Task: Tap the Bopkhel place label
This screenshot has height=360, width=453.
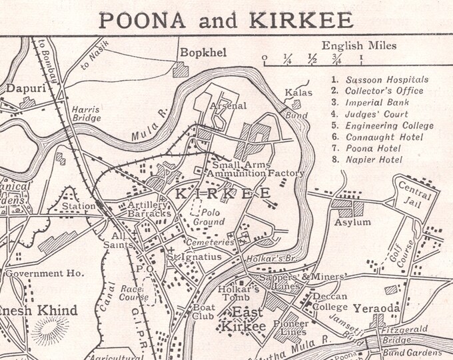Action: pyautogui.click(x=197, y=51)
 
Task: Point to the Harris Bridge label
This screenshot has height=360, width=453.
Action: pyautogui.click(x=87, y=113)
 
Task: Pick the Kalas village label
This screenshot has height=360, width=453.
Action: pyautogui.click(x=298, y=92)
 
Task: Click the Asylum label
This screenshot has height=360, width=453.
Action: pyautogui.click(x=352, y=222)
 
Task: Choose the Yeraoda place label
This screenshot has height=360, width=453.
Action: pyautogui.click(x=376, y=308)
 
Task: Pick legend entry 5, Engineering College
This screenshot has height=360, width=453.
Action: pyautogui.click(x=389, y=125)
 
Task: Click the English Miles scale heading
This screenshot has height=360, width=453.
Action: pyautogui.click(x=359, y=46)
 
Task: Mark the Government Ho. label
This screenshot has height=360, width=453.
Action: pyautogui.click(x=44, y=273)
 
